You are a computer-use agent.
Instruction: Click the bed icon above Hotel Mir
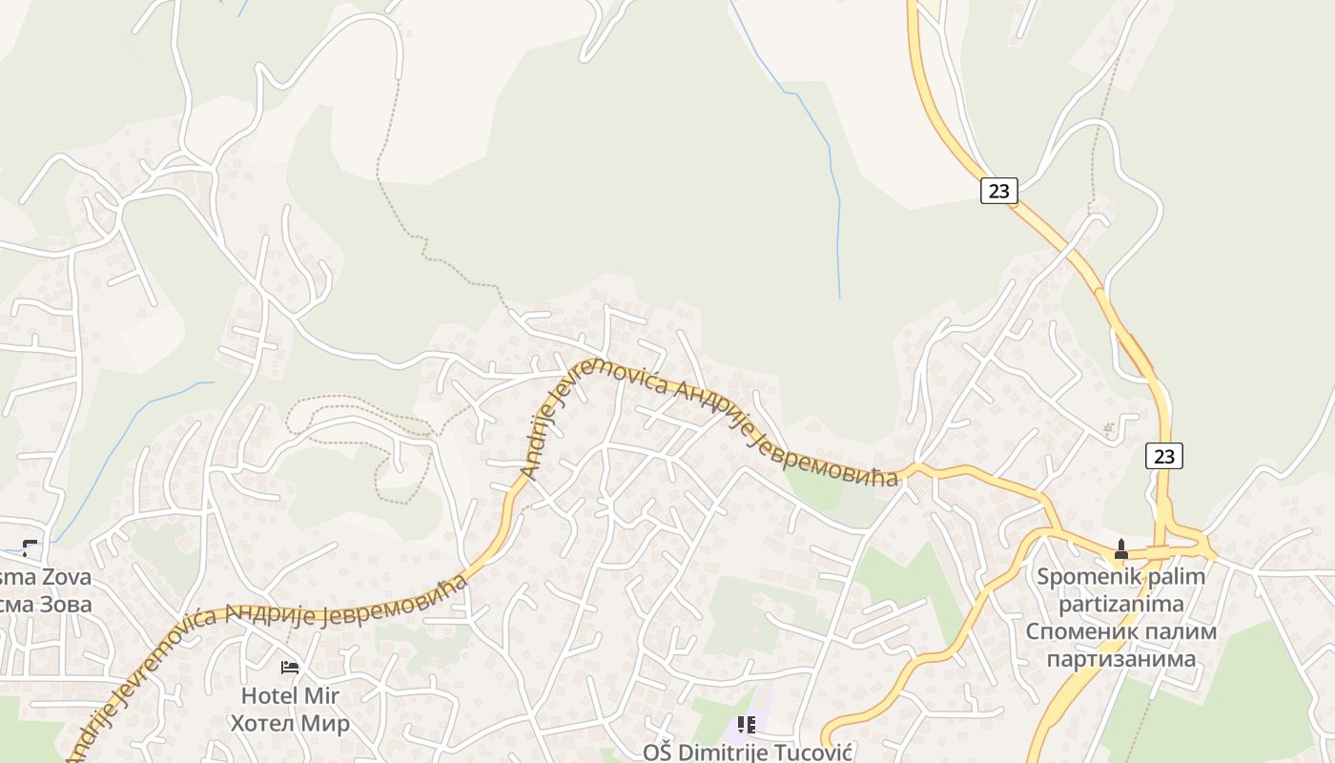290,668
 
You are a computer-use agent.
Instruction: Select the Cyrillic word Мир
325,723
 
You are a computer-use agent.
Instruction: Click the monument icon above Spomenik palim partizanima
1120,550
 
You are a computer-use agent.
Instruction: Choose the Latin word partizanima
1120,604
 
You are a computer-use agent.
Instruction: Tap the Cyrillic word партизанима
1120,659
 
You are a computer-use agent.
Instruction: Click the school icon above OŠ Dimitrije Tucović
746,726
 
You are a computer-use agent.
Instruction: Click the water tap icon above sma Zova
30,547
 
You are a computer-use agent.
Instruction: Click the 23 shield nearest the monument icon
1163,456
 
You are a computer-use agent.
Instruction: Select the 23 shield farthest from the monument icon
998,191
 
